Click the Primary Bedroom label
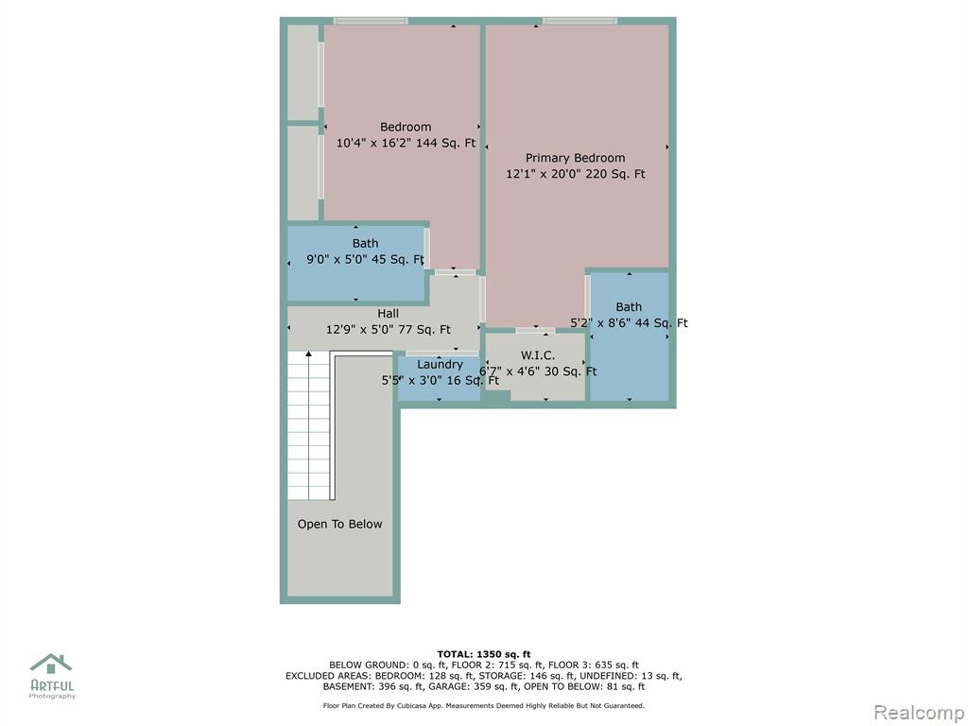point(575,158)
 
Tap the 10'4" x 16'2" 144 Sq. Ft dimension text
point(406,143)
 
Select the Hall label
point(388,314)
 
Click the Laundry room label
point(440,365)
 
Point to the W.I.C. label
point(538,355)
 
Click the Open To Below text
point(339,524)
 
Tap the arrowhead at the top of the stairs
point(309,354)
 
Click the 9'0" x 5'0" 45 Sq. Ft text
point(366,259)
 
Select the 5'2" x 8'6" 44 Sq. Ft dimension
point(629,323)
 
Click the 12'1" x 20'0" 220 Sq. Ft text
point(576,174)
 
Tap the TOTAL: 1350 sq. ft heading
point(484,654)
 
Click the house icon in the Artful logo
point(51,664)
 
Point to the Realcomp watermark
point(919,712)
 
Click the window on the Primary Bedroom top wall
point(579,21)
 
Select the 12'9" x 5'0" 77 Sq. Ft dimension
point(389,330)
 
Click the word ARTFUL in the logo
point(53,685)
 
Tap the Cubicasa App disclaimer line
point(483,705)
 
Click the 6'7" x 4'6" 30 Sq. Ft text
point(538,372)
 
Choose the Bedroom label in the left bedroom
point(406,128)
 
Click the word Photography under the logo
point(53,697)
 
